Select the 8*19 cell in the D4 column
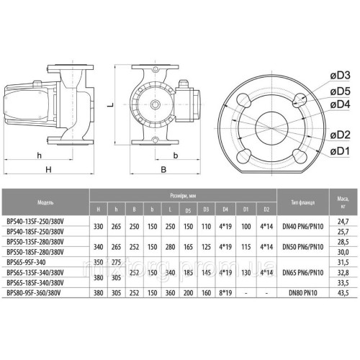pyautogui.click(x=225, y=293)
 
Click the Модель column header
pyautogui.click(x=38, y=202)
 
